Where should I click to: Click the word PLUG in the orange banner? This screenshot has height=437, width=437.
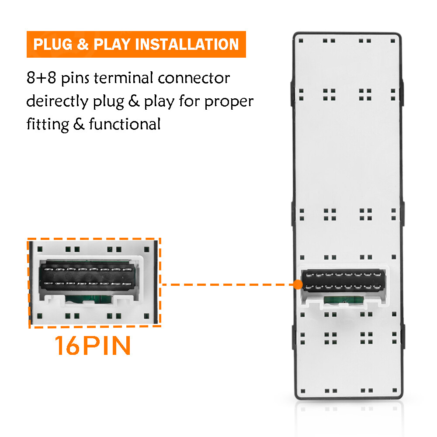click(53, 44)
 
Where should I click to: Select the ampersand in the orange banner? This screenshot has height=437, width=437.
click(83, 44)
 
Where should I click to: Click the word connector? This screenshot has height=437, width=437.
click(194, 78)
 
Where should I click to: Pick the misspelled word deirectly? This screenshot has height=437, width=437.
click(57, 101)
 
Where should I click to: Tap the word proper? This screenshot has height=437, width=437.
click(229, 102)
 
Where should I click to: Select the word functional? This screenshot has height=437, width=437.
click(125, 124)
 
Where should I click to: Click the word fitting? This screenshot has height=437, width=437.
click(48, 125)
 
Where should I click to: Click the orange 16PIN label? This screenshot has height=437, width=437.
click(93, 345)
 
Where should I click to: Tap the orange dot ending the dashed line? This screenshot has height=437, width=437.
click(298, 284)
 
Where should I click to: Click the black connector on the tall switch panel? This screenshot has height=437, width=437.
click(343, 281)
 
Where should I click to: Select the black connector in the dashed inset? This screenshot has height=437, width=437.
click(89, 276)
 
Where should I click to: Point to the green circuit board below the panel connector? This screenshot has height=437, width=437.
click(343, 300)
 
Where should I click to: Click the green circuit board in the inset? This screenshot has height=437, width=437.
click(88, 299)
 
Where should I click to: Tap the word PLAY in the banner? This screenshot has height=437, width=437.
click(112, 44)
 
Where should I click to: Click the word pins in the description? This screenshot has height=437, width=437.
click(75, 78)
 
